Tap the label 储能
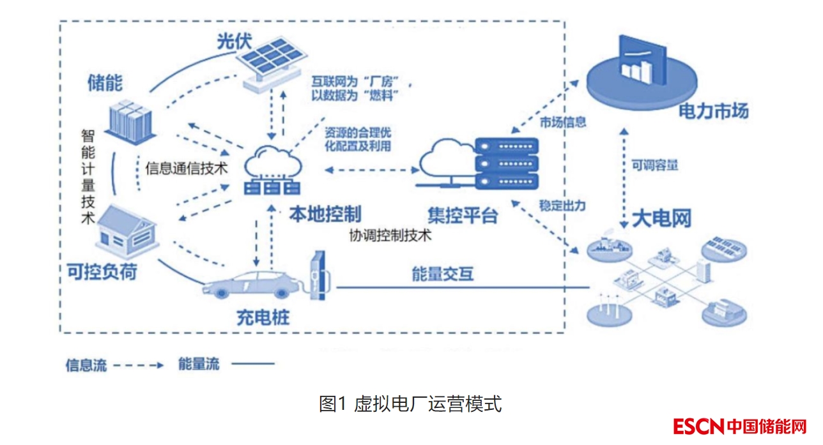tap(105, 82)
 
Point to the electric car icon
tap(250, 284)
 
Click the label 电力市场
tap(713, 112)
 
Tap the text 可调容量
tap(655, 165)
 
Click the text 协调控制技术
tap(390, 234)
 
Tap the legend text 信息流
tap(86, 365)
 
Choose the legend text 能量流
tap(199, 365)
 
